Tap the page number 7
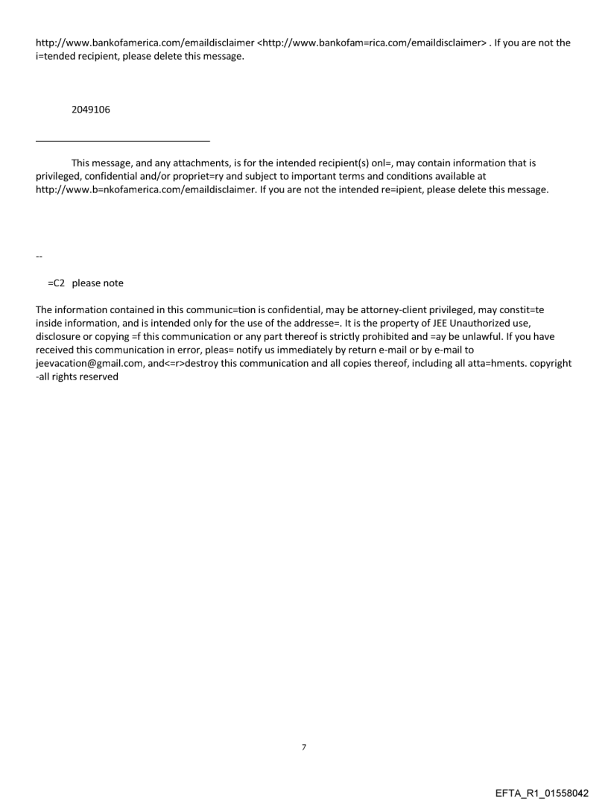(304, 747)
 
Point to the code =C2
(57, 283)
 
